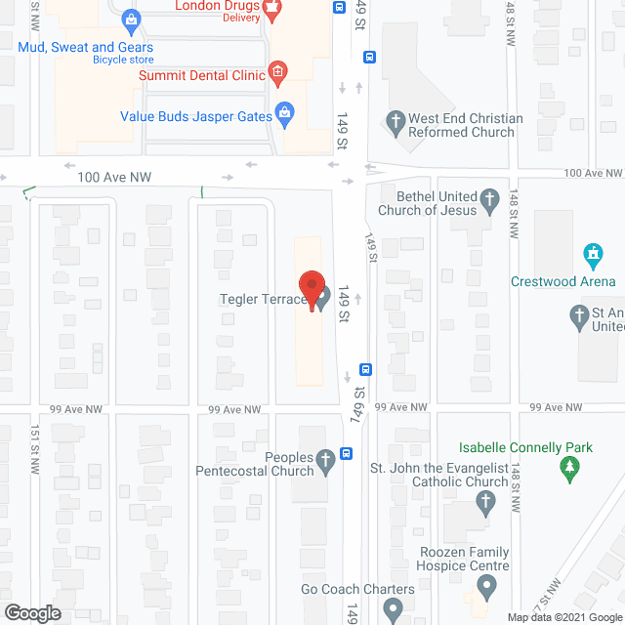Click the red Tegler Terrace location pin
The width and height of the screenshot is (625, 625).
click(312, 288)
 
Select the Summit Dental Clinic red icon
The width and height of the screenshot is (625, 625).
click(277, 70)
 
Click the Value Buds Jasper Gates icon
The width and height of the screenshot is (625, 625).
click(284, 113)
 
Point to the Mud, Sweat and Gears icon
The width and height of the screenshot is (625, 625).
click(132, 19)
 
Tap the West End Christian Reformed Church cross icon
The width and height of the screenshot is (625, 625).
click(396, 122)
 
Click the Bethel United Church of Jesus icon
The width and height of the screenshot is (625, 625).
click(490, 204)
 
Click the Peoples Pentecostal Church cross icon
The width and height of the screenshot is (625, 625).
click(325, 464)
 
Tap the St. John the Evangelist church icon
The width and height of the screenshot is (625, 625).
click(485, 503)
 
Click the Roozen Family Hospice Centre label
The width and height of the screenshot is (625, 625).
click(464, 559)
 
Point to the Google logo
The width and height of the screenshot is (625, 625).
click(33, 612)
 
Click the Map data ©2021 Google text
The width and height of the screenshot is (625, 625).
click(563, 617)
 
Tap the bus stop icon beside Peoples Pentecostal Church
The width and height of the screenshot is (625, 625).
click(346, 453)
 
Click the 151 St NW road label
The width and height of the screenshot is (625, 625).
click(34, 450)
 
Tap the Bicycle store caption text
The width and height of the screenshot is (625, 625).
click(123, 60)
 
